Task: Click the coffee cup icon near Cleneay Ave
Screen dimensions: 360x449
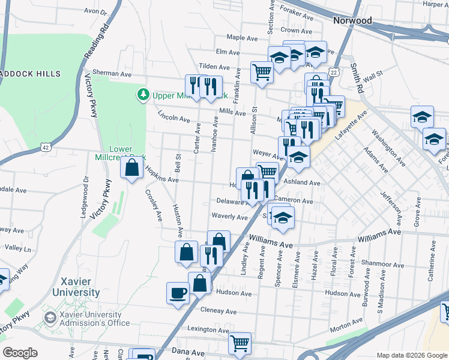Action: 178,293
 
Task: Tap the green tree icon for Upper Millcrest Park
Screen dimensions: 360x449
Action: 143,95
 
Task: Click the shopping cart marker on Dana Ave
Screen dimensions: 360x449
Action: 240,344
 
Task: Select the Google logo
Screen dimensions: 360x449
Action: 20,353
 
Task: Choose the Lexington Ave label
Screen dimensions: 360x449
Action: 208,330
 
